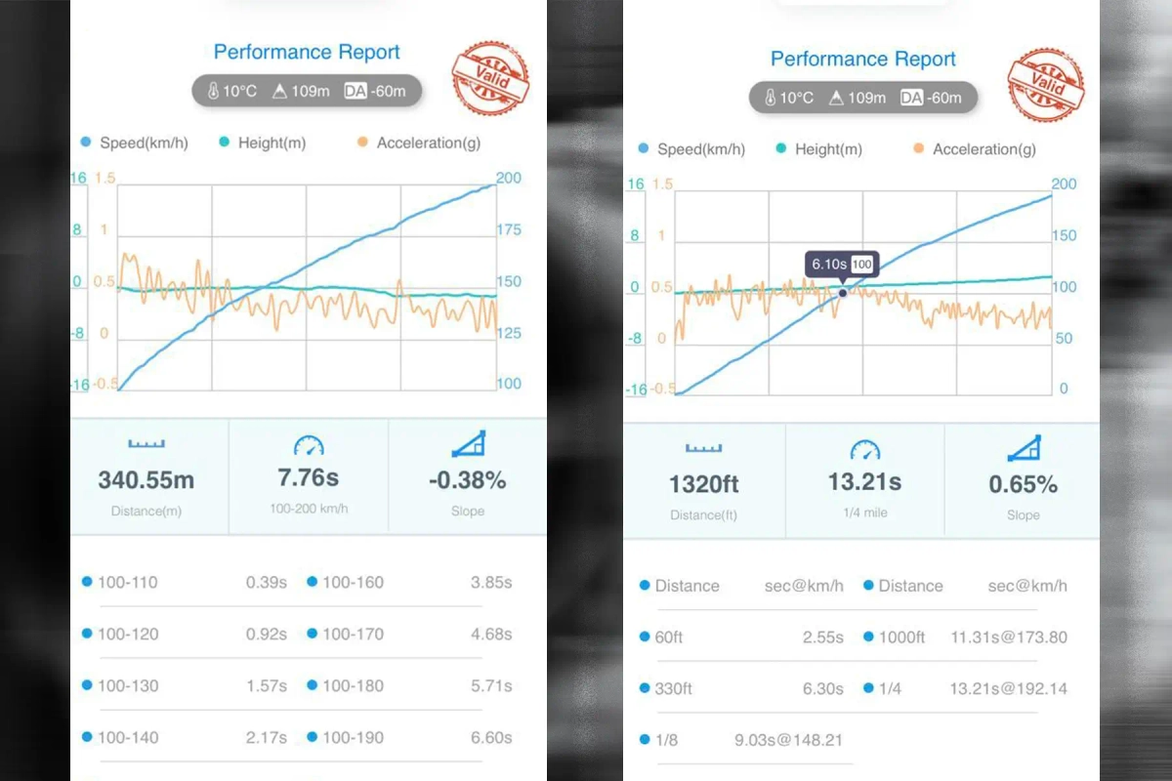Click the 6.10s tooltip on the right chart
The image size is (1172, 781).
point(841,265)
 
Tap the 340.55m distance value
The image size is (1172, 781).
point(146,479)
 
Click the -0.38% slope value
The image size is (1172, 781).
point(468,479)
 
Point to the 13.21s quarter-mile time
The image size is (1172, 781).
point(864,482)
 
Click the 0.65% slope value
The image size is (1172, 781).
point(1023,484)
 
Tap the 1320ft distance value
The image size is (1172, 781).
point(703,484)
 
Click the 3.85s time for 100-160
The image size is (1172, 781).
point(491,583)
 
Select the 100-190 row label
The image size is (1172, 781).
point(353,738)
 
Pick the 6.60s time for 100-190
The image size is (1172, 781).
point(491,738)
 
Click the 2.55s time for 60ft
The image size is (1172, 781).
point(822,637)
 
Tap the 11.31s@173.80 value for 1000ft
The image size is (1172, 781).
point(1008,637)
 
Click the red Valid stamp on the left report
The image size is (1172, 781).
point(490,78)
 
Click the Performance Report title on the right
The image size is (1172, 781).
point(863,59)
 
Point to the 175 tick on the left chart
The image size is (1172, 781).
point(509,230)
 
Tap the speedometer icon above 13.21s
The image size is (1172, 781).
point(864,449)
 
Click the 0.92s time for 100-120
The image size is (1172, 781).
point(266,635)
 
